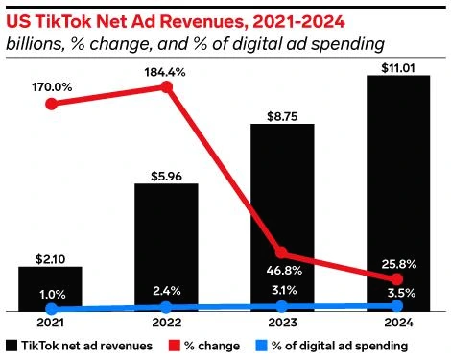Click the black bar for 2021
[x=50, y=289]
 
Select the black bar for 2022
[x=166, y=248]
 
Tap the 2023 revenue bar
[x=282, y=218]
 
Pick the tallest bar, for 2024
[x=398, y=193]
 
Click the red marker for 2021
[x=51, y=104]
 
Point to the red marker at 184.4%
[x=166, y=87]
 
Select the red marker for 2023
[x=282, y=252]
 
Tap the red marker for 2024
[x=397, y=279]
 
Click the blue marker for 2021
[x=51, y=309]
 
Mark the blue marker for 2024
[x=397, y=306]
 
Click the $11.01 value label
[x=398, y=68]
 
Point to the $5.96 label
[x=166, y=177]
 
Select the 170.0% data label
[x=52, y=87]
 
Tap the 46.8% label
[x=284, y=271]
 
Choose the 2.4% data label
[x=167, y=291]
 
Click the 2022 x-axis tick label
[x=167, y=323]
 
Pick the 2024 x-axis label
[x=398, y=323]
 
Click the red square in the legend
[x=175, y=346]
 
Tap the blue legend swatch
[x=261, y=346]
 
